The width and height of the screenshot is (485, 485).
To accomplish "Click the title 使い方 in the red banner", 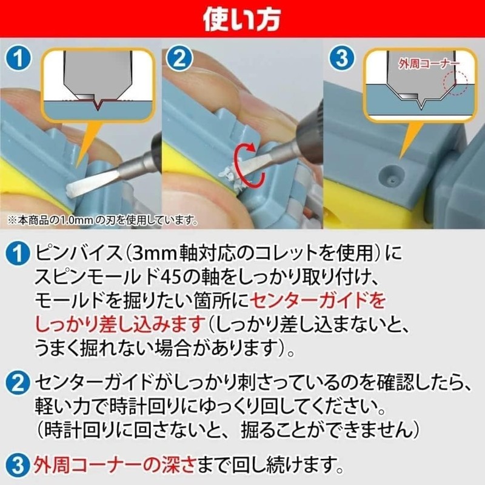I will [242, 21].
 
